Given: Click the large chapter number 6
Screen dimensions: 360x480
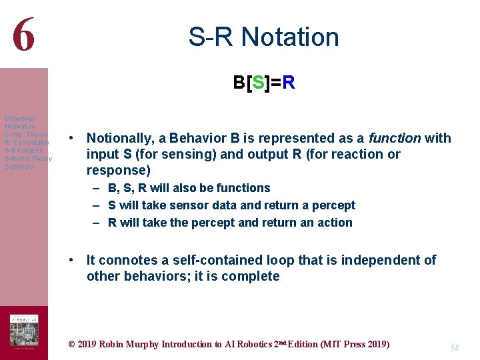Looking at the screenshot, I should coord(23,35).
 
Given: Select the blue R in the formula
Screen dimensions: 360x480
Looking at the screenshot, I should coord(288,83).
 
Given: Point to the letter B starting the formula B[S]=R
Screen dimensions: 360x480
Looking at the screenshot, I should coord(239,83).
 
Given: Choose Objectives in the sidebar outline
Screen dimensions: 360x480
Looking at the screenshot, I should coord(20,119).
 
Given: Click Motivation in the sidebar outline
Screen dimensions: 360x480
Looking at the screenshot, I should coord(20,127).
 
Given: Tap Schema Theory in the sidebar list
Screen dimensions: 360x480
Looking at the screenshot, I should coord(28,159).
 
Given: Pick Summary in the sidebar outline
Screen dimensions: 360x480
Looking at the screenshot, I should coord(19,167).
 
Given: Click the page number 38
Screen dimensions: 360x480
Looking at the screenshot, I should coord(455,348).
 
